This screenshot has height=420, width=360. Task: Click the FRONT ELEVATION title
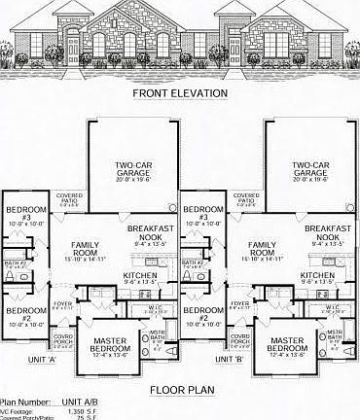(180, 93)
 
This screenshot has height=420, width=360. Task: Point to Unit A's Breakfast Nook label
(149, 232)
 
